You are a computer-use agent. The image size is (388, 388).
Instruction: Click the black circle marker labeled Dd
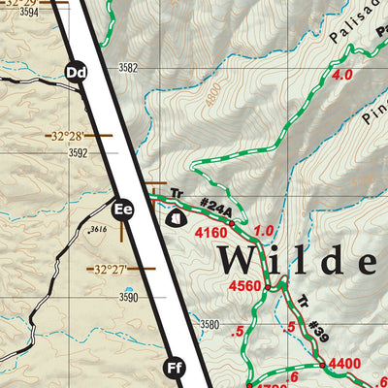[x=77, y=71]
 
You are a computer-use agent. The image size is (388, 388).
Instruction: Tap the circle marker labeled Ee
[x=122, y=208]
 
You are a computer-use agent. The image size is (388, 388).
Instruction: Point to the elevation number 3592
[x=78, y=152]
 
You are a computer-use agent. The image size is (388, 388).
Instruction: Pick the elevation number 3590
[x=128, y=297]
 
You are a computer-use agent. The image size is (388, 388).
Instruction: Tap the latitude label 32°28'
[x=63, y=135]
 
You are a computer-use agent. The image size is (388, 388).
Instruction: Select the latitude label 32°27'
[x=109, y=269]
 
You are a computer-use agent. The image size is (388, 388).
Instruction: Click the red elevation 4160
[x=210, y=233]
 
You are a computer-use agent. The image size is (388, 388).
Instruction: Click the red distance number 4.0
[x=341, y=75]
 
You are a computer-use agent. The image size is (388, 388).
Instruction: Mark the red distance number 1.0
[x=264, y=231]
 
